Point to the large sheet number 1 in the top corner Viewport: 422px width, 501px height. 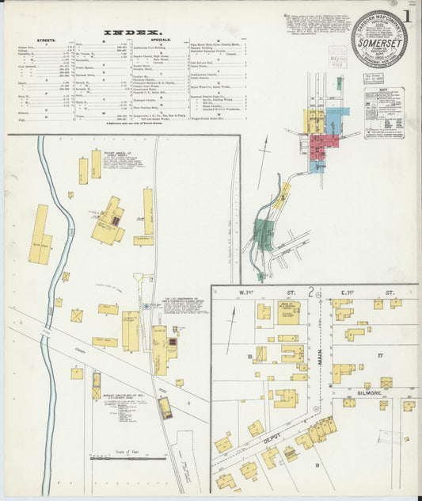(406, 16)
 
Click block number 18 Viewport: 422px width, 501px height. (250, 358)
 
